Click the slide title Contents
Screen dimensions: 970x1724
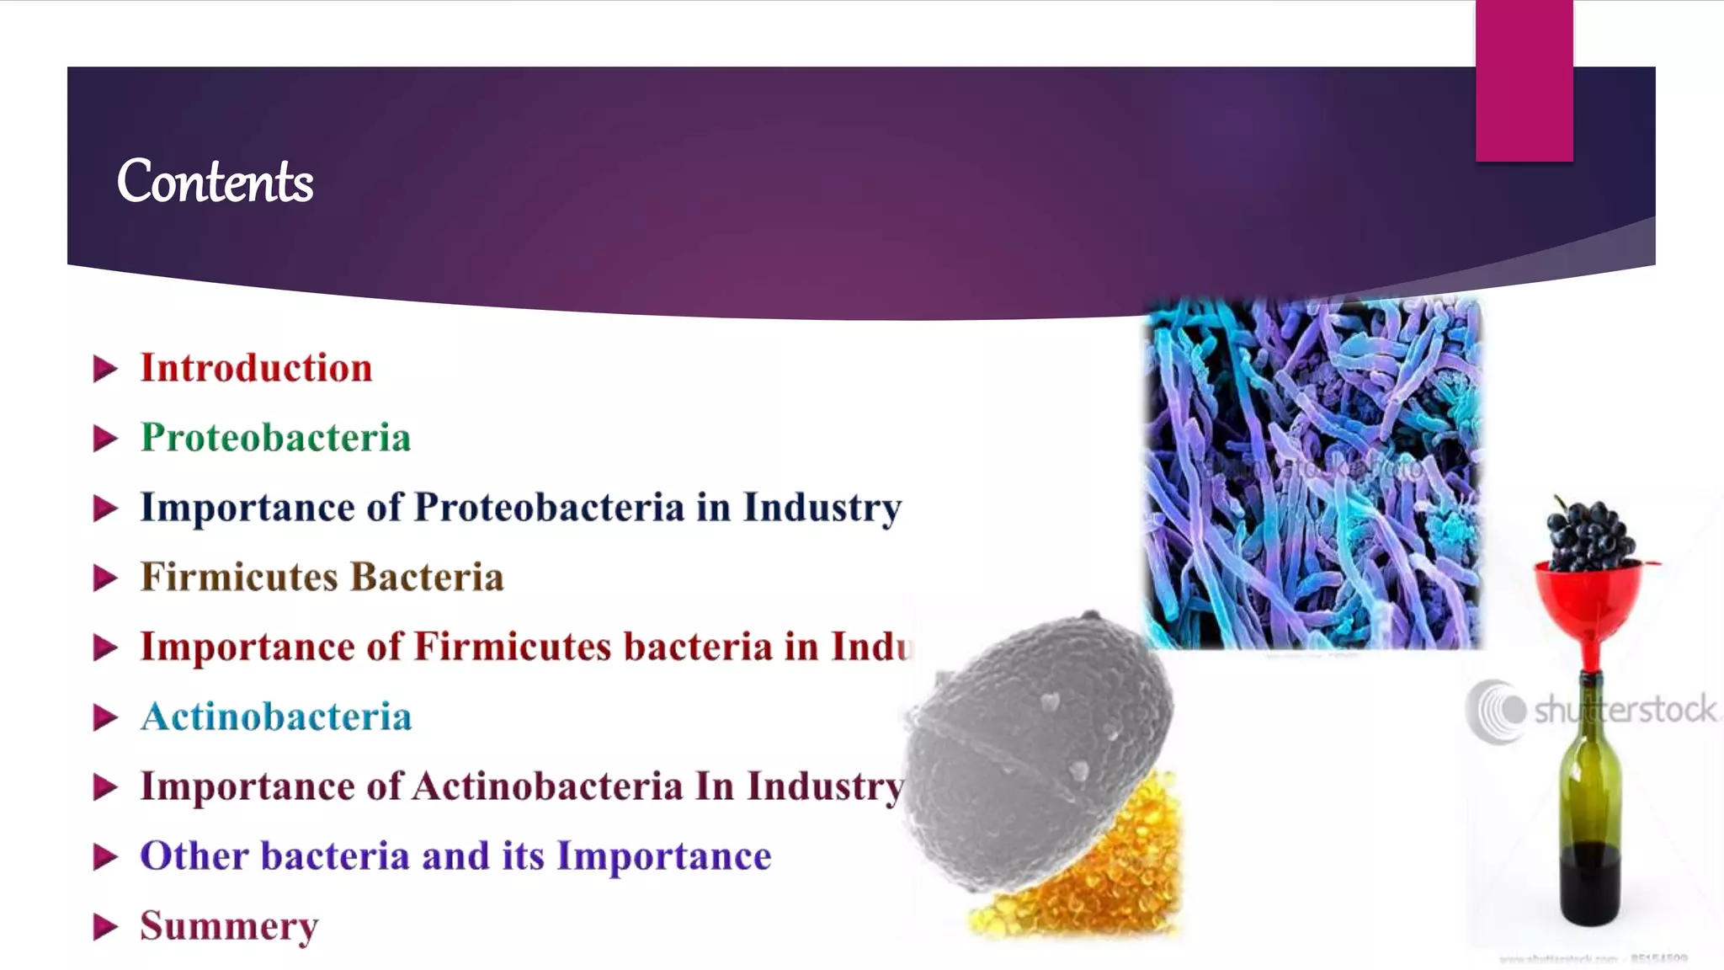[215, 182]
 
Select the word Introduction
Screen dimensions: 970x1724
[256, 368]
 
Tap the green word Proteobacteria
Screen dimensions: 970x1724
[275, 438]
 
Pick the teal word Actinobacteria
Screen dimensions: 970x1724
[276, 717]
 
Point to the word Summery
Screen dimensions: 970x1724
[229, 926]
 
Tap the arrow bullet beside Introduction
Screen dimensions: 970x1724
[104, 369]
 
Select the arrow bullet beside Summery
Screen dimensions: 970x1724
[104, 926]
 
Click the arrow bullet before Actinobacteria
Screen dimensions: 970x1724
[104, 717]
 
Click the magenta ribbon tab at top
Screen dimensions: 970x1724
[1524, 80]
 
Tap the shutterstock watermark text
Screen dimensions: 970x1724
[1625, 710]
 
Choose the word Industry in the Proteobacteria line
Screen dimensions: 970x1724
[822, 508]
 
